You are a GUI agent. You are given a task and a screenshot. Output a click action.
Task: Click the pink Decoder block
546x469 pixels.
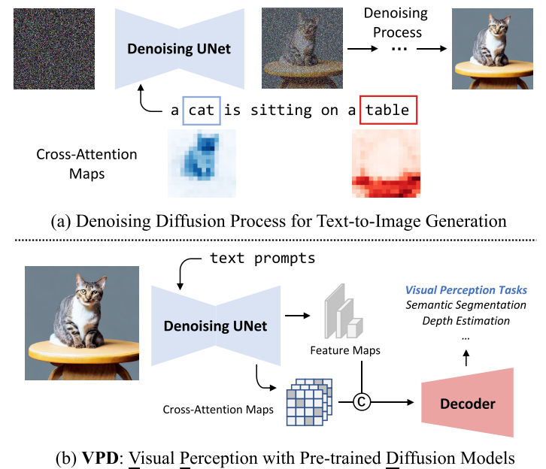(467, 404)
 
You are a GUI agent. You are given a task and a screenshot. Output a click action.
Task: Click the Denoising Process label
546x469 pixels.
(395, 22)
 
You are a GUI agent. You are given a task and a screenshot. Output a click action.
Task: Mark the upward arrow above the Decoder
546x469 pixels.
(466, 359)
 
